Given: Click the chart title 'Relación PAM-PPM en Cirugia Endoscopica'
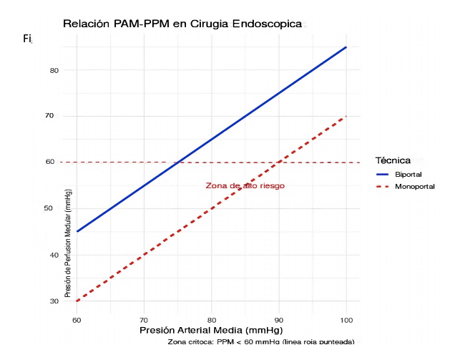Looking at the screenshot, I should (x=182, y=24).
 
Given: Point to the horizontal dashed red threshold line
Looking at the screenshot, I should (x=114, y=162).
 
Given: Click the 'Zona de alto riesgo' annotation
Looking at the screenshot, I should (x=245, y=186).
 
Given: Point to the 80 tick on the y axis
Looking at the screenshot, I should (x=54, y=70).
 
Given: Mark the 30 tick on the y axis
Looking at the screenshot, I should (x=54, y=301).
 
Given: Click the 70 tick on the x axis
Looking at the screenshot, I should (x=145, y=319).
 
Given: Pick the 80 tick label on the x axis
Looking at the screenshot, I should (x=212, y=319).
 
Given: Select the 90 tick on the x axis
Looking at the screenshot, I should (x=279, y=319).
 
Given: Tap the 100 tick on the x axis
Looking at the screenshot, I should (x=346, y=319).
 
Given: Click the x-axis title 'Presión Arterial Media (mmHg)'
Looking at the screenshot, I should (x=211, y=331).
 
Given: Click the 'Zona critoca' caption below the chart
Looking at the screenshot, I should (x=260, y=342).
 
